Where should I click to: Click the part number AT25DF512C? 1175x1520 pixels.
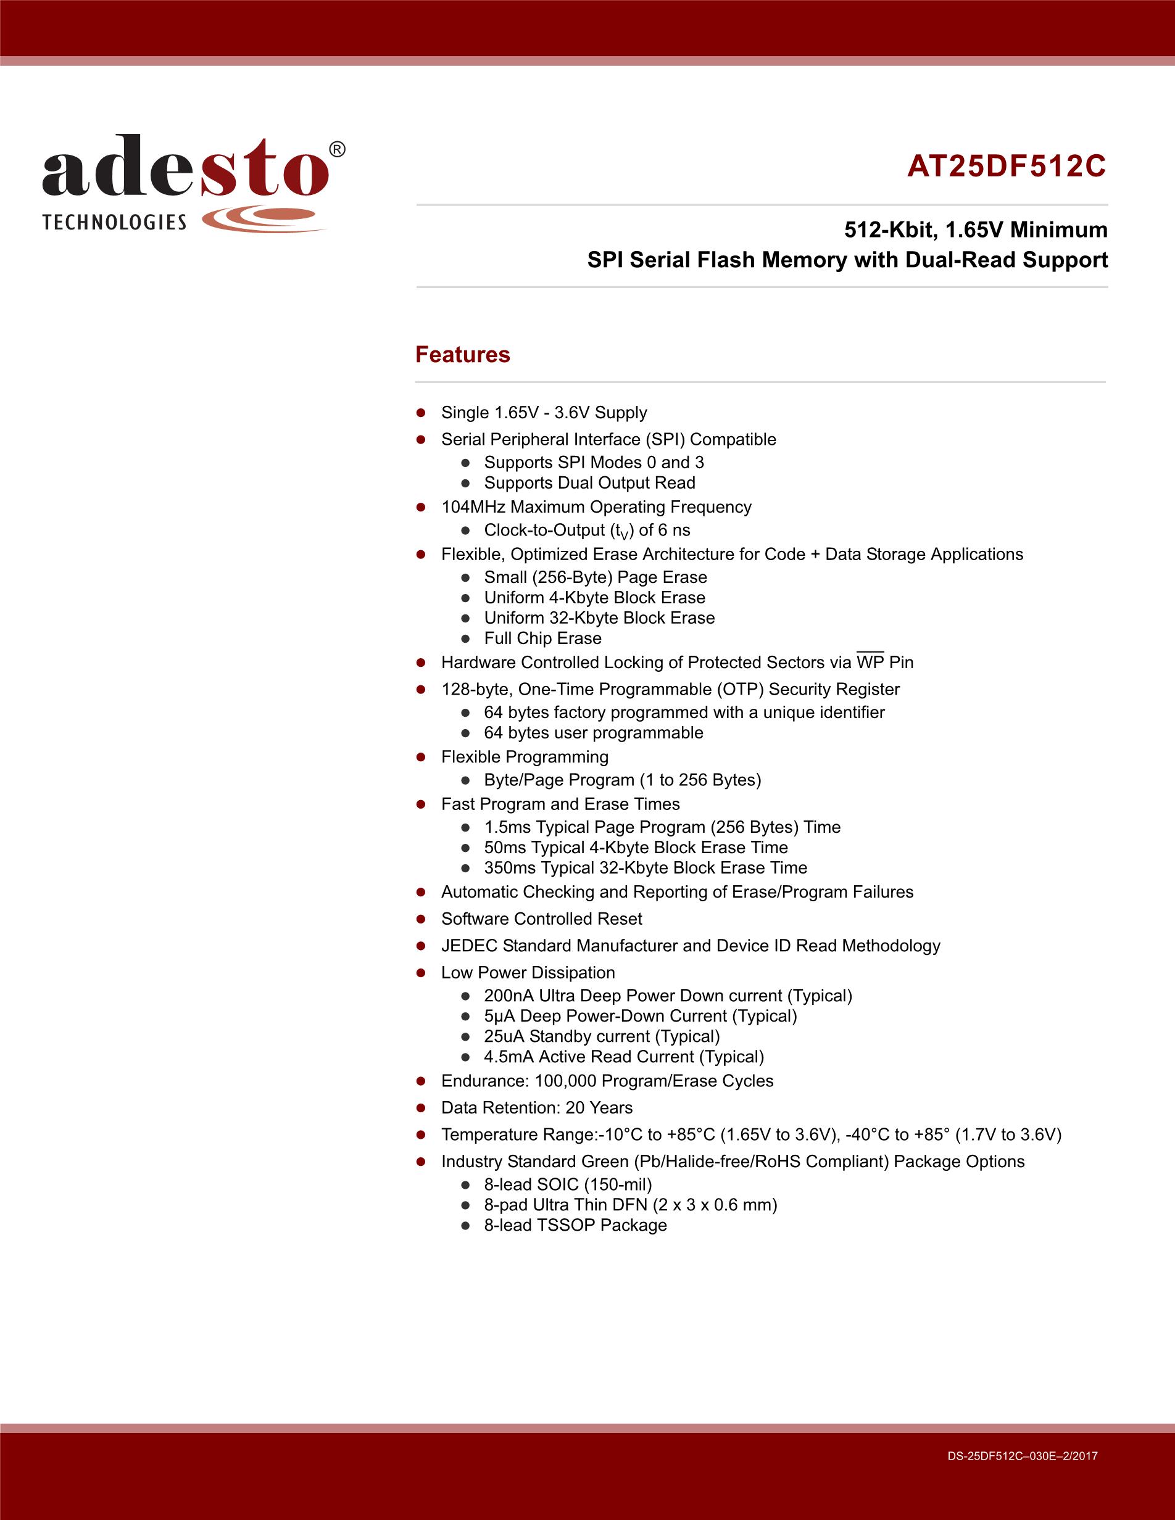[x=1006, y=167]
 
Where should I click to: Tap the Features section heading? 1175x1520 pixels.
[x=462, y=354]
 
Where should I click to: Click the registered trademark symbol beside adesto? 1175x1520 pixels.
[x=336, y=150]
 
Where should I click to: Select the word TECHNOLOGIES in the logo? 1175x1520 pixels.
[x=114, y=223]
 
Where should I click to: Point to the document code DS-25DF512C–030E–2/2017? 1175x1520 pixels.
[x=1022, y=1455]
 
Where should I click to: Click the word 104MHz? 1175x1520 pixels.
[x=473, y=506]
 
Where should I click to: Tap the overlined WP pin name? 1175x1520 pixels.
[x=870, y=662]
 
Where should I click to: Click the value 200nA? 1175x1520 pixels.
[x=509, y=995]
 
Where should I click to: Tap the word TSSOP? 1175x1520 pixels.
[x=563, y=1225]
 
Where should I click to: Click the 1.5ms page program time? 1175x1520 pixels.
[x=507, y=827]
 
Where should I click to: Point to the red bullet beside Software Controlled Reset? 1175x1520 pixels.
[x=420, y=919]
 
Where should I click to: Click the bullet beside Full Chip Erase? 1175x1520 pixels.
[x=466, y=638]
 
